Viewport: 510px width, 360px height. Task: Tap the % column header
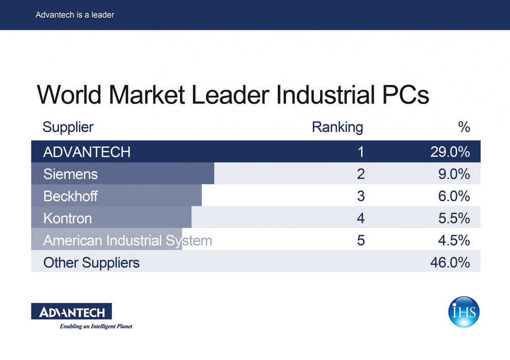click(464, 127)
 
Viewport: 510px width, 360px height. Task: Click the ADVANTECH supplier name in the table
click(87, 152)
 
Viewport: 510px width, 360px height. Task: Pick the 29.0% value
click(450, 152)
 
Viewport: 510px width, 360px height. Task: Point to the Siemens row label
click(71, 174)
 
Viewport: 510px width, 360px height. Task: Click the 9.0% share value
click(454, 174)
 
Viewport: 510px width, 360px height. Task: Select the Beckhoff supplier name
click(71, 196)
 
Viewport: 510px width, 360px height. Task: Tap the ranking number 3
click(361, 196)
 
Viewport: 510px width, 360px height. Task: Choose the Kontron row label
click(67, 219)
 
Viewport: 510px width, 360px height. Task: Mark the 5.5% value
click(454, 218)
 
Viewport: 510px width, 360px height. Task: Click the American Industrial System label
click(128, 241)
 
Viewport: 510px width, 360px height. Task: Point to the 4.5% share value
click(454, 241)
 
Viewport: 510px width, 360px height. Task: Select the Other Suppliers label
click(92, 263)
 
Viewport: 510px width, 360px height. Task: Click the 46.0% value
click(450, 262)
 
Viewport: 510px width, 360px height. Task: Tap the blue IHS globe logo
click(464, 312)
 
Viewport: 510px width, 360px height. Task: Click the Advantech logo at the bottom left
click(72, 311)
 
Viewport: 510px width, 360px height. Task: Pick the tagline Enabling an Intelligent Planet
click(96, 326)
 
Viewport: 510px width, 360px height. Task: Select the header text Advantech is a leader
click(75, 15)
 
